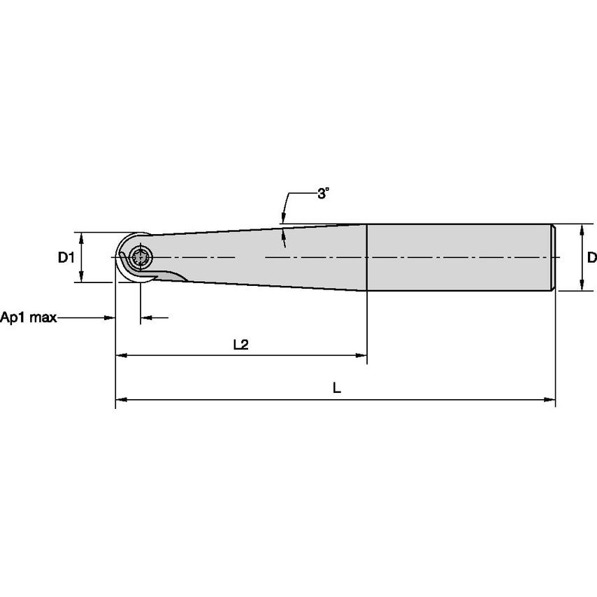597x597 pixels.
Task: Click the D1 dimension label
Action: click(x=66, y=258)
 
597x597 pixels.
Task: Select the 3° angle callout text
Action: click(x=323, y=194)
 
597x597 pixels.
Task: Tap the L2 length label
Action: click(x=240, y=345)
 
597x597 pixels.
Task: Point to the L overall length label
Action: click(x=336, y=388)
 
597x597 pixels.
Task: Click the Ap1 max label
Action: click(x=28, y=317)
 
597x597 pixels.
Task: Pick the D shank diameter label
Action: click(x=591, y=258)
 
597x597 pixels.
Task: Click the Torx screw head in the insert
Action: click(x=141, y=258)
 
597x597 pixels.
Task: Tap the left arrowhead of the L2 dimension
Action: click(x=121, y=356)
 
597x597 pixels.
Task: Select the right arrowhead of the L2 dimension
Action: click(x=361, y=356)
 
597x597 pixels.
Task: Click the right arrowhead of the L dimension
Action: click(x=549, y=400)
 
